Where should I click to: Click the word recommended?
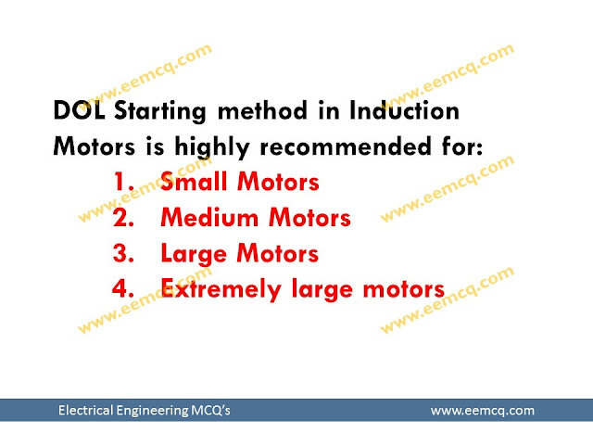(x=340, y=147)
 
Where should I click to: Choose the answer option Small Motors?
(x=239, y=182)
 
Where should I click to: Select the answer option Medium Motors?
(x=255, y=218)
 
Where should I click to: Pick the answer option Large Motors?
(x=239, y=253)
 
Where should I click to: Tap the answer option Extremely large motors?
(x=302, y=288)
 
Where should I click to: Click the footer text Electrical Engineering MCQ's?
(x=144, y=410)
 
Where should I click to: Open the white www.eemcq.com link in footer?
(x=483, y=410)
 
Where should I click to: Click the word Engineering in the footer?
(x=151, y=410)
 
